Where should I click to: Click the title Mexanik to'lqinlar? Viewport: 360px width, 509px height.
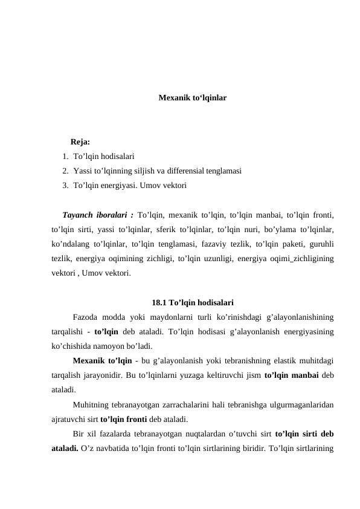click(x=193, y=97)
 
